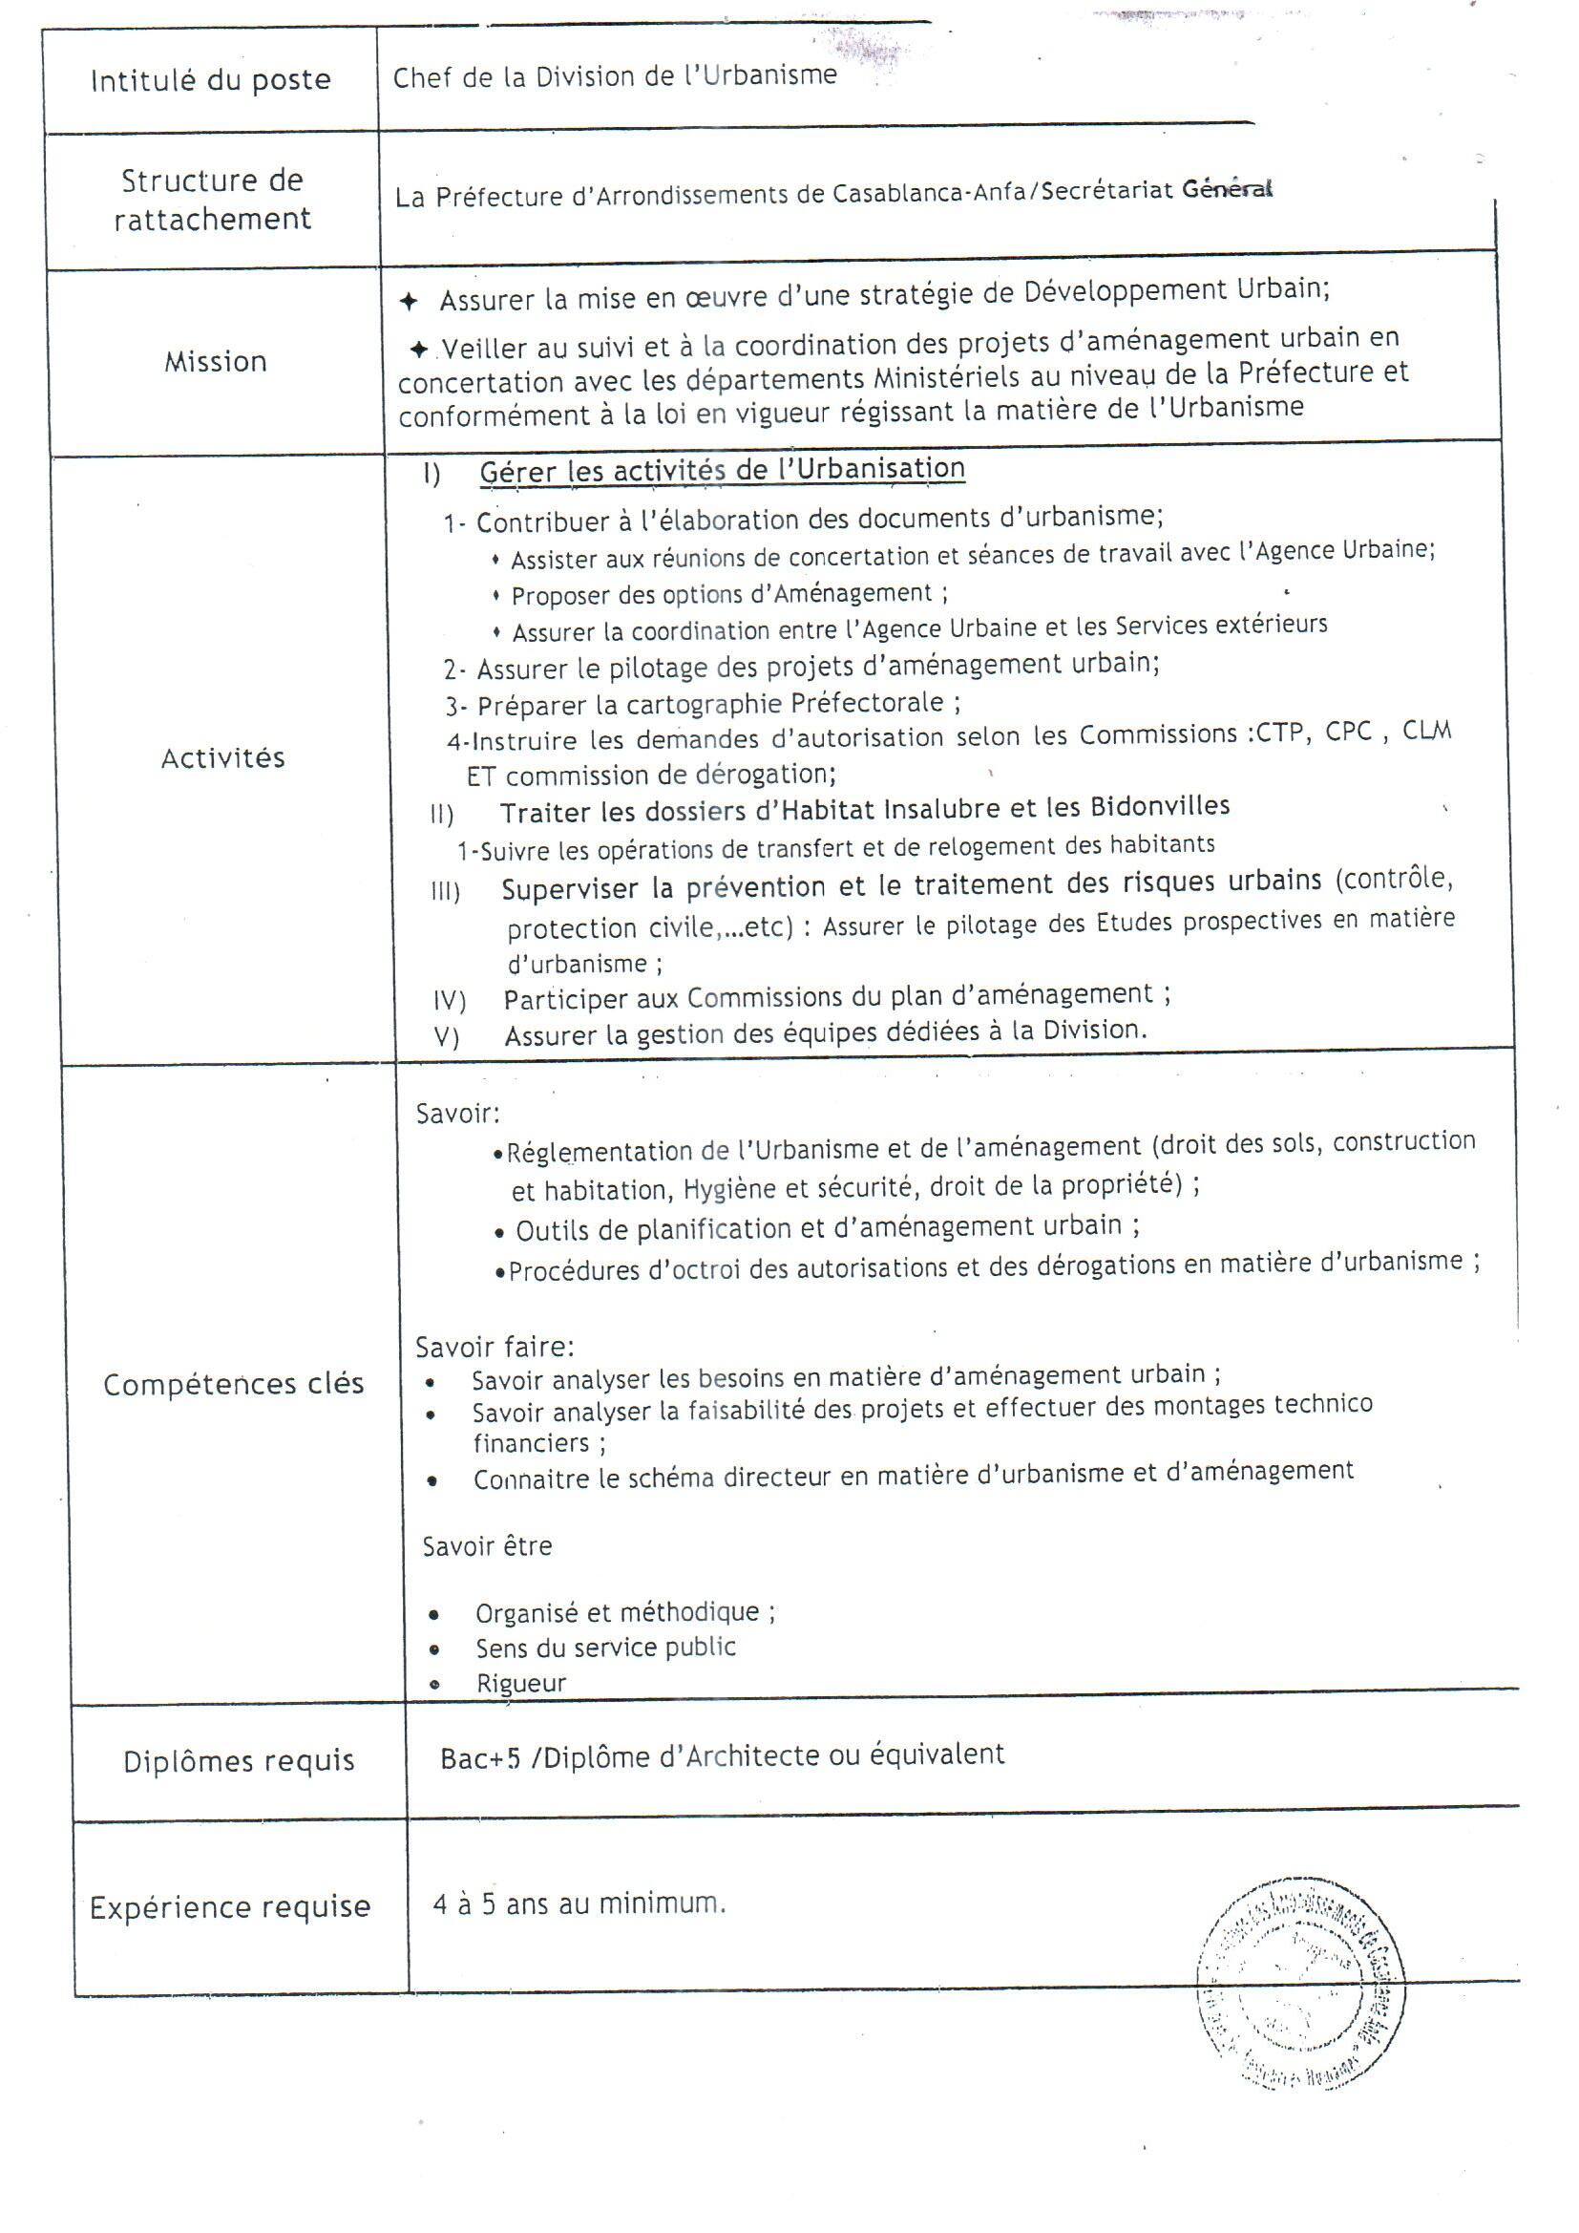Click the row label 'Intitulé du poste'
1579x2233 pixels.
pyautogui.click(x=210, y=80)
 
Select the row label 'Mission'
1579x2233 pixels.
pyautogui.click(x=215, y=362)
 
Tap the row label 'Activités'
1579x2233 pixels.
pyautogui.click(x=222, y=757)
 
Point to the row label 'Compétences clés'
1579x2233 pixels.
pyautogui.click(x=233, y=1384)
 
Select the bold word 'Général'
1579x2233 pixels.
pyautogui.click(x=1226, y=189)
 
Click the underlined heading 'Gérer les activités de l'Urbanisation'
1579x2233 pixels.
pyautogui.click(x=722, y=470)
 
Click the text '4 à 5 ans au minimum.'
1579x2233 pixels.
pyautogui.click(x=579, y=1903)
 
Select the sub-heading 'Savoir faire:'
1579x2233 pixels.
pyautogui.click(x=494, y=1347)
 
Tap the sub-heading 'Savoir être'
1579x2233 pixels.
pyautogui.click(x=486, y=1546)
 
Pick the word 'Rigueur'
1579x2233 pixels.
pyautogui.click(x=521, y=1684)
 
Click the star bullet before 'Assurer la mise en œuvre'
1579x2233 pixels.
pyautogui.click(x=410, y=302)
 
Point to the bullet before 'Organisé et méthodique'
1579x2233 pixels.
pyautogui.click(x=434, y=1615)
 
